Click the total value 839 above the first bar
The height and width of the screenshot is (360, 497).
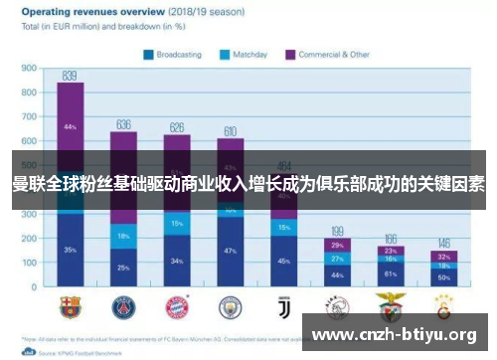70,76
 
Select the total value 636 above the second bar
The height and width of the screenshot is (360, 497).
123,124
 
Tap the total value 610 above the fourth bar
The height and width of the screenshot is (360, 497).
230,131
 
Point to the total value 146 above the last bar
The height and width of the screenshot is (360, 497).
443,243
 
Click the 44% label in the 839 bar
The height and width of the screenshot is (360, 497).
70,127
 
